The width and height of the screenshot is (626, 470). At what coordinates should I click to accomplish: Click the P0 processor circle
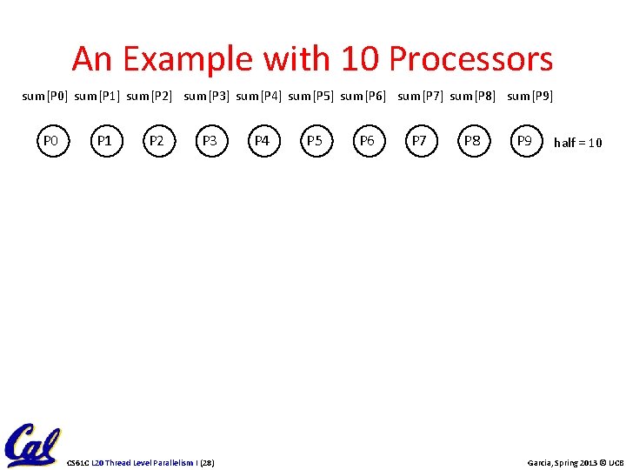(x=50, y=140)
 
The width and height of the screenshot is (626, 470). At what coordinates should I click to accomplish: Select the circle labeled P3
(x=209, y=140)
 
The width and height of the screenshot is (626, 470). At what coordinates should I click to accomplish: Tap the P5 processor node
(x=314, y=140)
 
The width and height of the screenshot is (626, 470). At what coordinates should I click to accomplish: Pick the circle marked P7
(x=419, y=140)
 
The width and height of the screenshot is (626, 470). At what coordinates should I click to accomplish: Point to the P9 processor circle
(x=524, y=140)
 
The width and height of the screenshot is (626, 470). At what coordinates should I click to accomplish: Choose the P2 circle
(x=156, y=140)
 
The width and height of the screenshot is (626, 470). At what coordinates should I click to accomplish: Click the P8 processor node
(x=472, y=140)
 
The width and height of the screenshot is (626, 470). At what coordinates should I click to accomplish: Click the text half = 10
(x=578, y=143)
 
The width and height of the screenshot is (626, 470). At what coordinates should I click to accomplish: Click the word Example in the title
(x=188, y=59)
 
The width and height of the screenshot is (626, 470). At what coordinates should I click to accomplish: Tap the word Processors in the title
(x=470, y=59)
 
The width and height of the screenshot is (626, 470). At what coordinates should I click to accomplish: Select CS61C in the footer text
(x=79, y=461)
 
